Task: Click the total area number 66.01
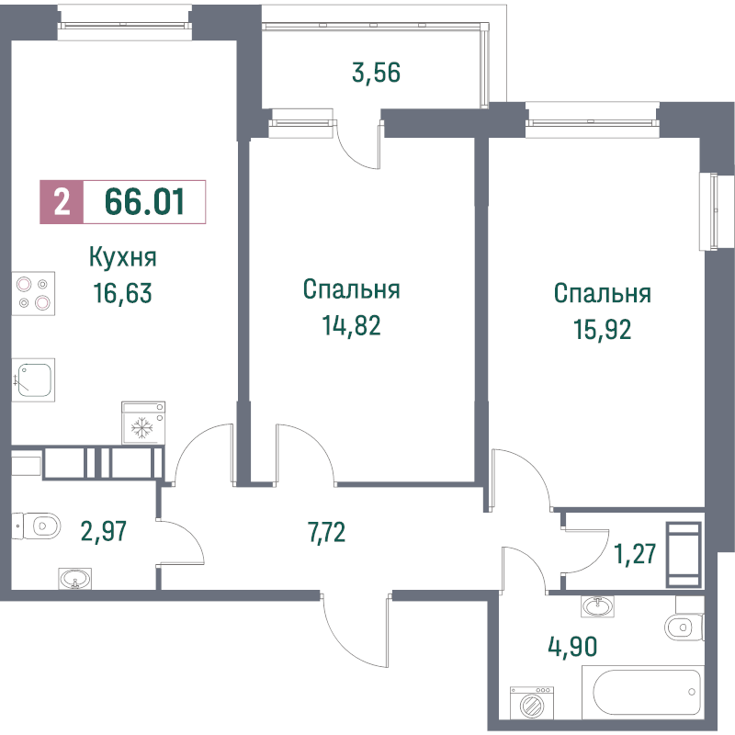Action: click(x=144, y=202)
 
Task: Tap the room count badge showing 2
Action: click(x=62, y=202)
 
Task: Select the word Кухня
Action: click(x=123, y=257)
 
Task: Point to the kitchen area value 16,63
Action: click(x=123, y=293)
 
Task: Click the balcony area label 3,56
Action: click(x=376, y=73)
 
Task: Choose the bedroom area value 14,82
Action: click(x=351, y=325)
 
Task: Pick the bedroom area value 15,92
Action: click(x=603, y=329)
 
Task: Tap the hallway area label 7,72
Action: click(x=327, y=532)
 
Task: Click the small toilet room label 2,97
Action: click(x=104, y=531)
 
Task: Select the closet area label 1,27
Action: click(x=635, y=554)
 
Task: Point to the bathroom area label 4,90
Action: click(x=572, y=647)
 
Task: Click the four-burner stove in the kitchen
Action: click(x=33, y=293)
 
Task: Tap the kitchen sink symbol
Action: click(x=33, y=380)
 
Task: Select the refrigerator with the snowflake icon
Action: click(x=143, y=423)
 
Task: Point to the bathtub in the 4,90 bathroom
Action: click(x=643, y=692)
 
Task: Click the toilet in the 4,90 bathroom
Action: click(x=684, y=628)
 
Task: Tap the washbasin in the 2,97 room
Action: click(x=75, y=579)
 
